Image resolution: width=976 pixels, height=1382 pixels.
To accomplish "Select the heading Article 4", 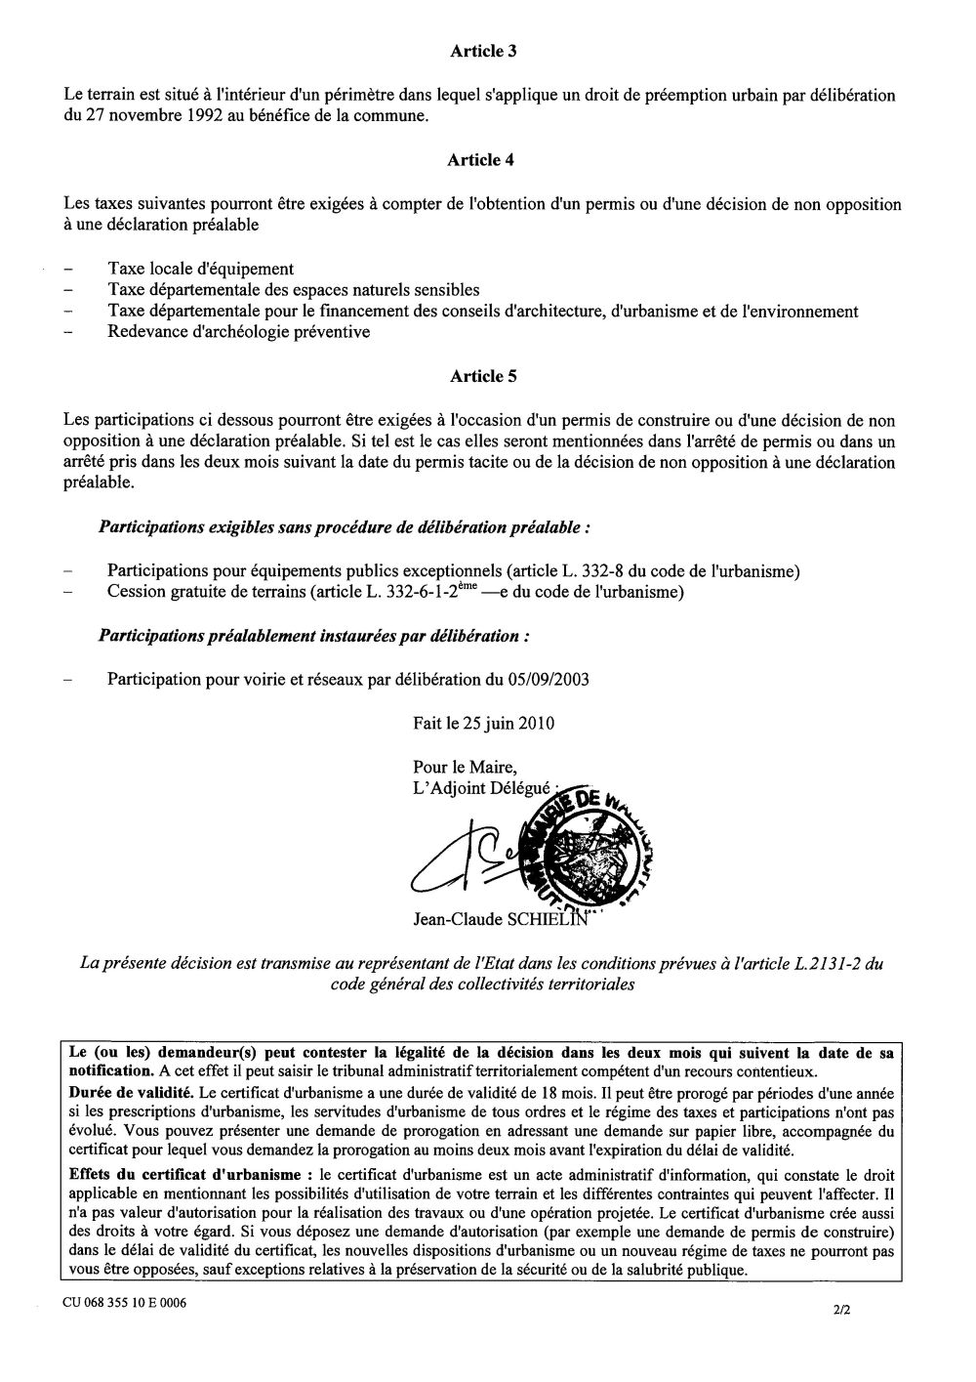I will point(477,160).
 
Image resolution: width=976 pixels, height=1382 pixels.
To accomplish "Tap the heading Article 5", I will point(477,375).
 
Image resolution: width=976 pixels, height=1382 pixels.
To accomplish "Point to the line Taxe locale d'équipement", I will point(200,269).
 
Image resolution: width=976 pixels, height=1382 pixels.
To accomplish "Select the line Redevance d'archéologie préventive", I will point(238,332).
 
